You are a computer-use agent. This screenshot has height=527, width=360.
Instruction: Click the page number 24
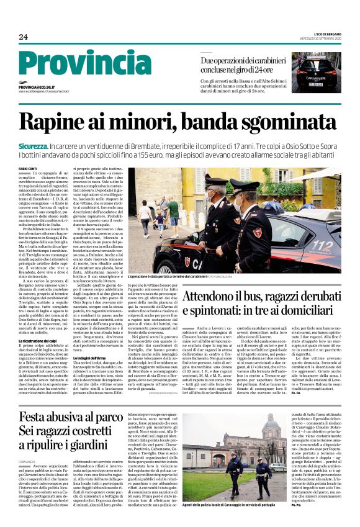[23, 37]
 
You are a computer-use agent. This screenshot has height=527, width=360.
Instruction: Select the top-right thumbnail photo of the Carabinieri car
[316, 72]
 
